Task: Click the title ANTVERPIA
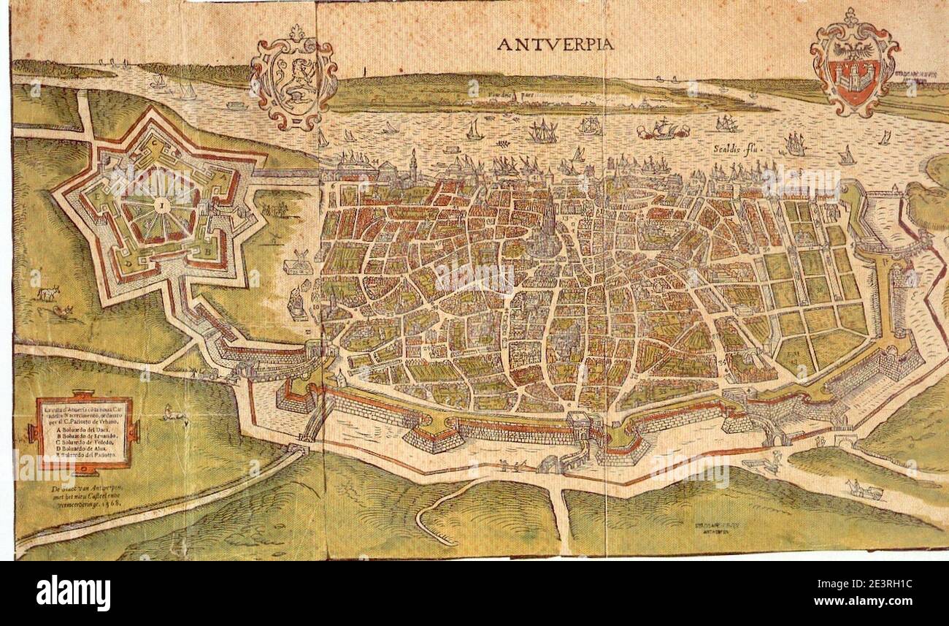coord(555,45)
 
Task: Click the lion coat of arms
coord(293,77)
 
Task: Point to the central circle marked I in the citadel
coord(157,207)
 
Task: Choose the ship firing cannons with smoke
coord(663,130)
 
